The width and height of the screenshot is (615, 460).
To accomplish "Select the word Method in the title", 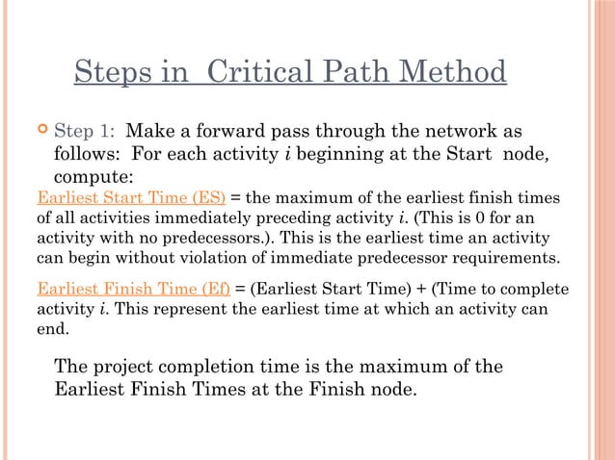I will click(x=451, y=72).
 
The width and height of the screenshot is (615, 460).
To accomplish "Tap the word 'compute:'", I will click(x=93, y=177).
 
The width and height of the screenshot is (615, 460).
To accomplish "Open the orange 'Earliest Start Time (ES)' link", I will click(x=130, y=198).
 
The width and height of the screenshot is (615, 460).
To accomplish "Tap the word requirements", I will click(x=506, y=257).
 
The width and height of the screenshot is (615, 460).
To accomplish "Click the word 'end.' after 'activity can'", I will click(x=53, y=328).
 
